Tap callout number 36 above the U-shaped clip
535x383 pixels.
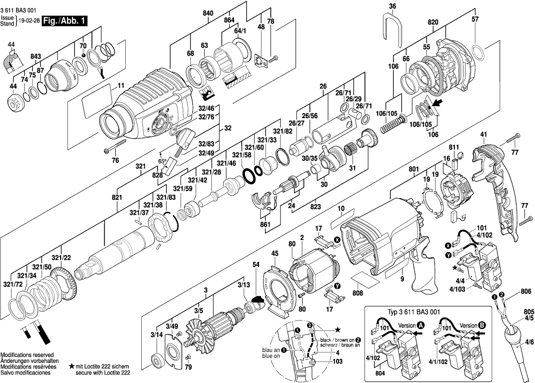[x=392, y=7]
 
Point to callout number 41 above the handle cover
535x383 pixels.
[x=483, y=134]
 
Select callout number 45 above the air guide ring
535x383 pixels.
[x=275, y=254]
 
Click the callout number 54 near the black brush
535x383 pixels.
[x=256, y=264]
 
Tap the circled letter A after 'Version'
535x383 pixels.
[x=421, y=325]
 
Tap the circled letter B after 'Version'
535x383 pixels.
[x=482, y=325]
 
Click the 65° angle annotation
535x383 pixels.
[x=162, y=161]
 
